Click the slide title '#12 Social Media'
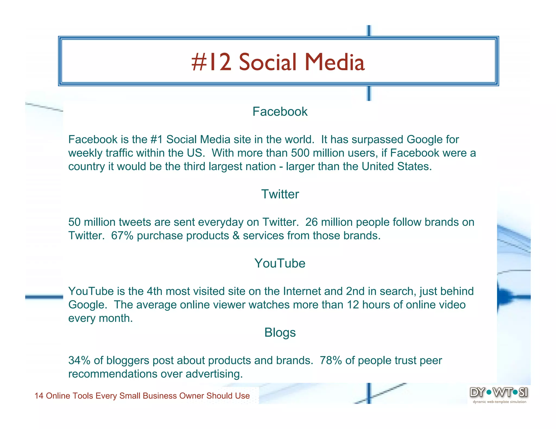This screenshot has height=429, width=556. click(278, 62)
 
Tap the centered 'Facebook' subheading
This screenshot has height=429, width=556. click(280, 111)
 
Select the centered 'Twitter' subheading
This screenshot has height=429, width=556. click(280, 194)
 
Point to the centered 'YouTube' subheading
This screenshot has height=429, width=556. click(280, 263)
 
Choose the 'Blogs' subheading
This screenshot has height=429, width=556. click(280, 332)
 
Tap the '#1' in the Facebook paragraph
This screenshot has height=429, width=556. click(156, 139)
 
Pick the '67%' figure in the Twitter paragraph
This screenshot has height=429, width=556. click(122, 235)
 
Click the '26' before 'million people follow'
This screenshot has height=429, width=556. click(311, 222)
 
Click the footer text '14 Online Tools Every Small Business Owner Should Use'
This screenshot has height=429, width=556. click(142, 396)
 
